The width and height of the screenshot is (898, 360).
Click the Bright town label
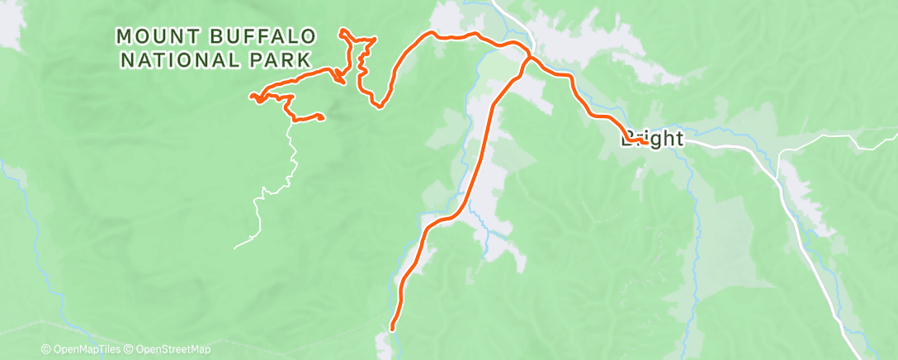(652, 140)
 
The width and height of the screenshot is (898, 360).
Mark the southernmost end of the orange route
(392, 329)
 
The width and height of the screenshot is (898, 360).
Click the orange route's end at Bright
(643, 142)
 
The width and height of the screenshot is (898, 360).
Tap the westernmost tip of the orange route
(251, 97)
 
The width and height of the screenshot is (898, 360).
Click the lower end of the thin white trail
(234, 247)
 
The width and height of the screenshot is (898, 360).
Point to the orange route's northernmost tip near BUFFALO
(342, 31)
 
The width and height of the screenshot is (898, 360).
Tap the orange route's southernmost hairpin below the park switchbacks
(379, 106)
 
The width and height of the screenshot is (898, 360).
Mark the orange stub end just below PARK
(339, 81)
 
